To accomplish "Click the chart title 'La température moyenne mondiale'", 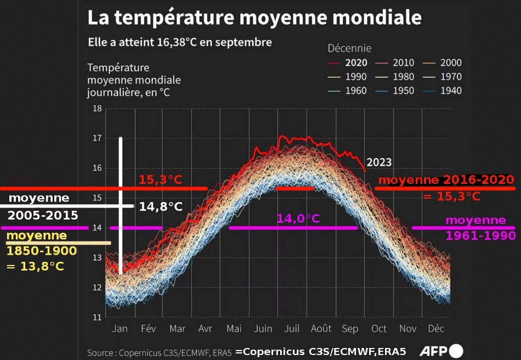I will tap(254, 18).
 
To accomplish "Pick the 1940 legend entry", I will tap(450, 91).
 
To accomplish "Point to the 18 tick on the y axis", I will tap(97, 109).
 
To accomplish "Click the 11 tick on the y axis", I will tap(97, 317).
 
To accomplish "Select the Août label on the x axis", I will tap(321, 329).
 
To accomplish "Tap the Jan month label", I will tap(120, 329).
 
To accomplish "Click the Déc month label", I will tap(436, 329).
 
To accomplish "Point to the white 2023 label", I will tap(379, 162).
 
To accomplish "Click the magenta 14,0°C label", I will tap(298, 218).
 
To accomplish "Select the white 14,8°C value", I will tap(161, 206).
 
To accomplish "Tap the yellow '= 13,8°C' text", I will tap(35, 266).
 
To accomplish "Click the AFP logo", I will tap(441, 351).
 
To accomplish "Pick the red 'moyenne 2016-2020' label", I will tap(446, 180).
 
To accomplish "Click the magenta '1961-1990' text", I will tap(480, 235).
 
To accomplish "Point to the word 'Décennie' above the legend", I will tap(349, 48).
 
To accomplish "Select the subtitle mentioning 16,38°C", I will tap(180, 42).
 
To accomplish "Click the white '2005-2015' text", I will tap(43, 215).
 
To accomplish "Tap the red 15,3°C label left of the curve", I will tap(160, 179).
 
